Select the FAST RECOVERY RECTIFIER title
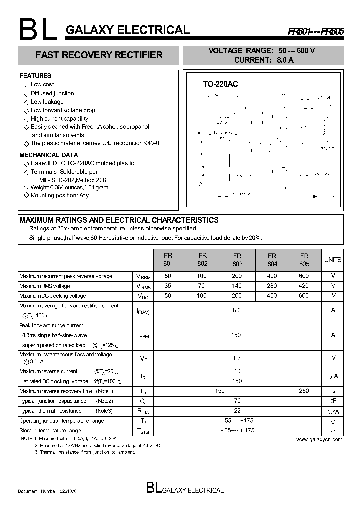click(x=99, y=55)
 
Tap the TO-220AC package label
click(x=220, y=84)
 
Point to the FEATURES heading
click(x=35, y=76)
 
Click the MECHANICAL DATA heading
click(x=48, y=155)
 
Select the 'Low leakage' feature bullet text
click(x=47, y=102)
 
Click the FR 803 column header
click(x=237, y=259)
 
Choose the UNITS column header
click(x=333, y=260)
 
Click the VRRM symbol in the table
click(x=143, y=276)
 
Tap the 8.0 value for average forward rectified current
click(x=237, y=310)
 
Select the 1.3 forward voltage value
click(x=237, y=358)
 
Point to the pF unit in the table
click(x=333, y=401)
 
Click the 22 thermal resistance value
click(x=237, y=410)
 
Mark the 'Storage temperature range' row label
click(x=50, y=430)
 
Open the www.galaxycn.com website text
click(x=319, y=439)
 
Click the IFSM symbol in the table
click(x=143, y=335)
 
